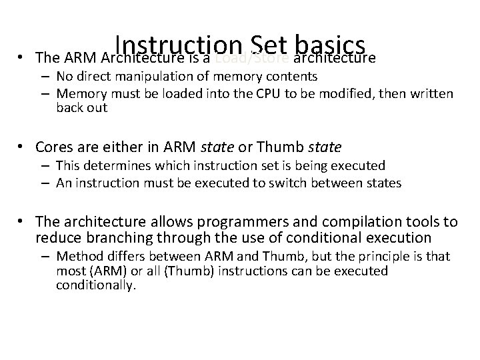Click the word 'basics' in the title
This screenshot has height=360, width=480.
pyautogui.click(x=330, y=45)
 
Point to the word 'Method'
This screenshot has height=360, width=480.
pyautogui.click(x=77, y=256)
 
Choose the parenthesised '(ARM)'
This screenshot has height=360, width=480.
pyautogui.click(x=103, y=271)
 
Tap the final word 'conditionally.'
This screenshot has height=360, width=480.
pyautogui.click(x=96, y=286)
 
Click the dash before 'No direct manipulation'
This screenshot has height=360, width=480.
pyautogui.click(x=47, y=76)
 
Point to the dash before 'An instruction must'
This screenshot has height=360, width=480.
pyautogui.click(x=47, y=183)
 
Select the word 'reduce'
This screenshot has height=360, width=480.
pyautogui.click(x=59, y=237)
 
